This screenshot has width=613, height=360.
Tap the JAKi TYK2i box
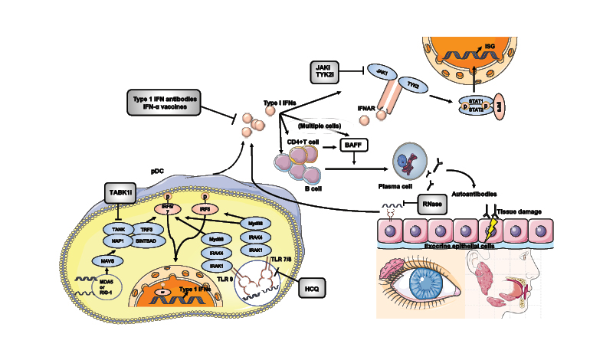324,72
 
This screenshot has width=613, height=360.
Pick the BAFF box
353,143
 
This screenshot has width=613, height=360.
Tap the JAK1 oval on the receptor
381,72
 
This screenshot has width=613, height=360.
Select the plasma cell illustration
406,165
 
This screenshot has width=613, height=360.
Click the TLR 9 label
225,281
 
